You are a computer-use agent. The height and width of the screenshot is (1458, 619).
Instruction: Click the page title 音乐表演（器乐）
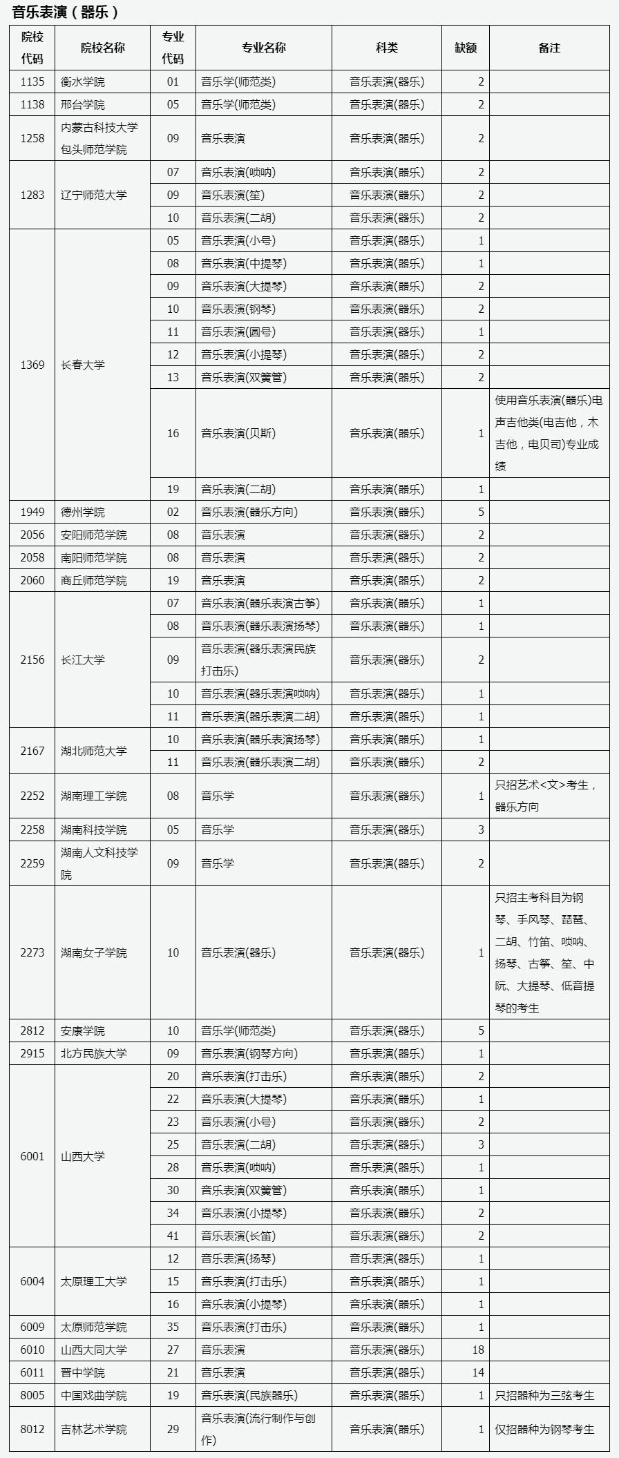[66, 12]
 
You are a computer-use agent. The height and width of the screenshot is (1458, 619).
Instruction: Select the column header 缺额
[466, 48]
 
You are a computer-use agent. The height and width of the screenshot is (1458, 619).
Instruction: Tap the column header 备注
[549, 48]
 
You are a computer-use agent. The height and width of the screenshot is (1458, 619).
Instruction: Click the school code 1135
[32, 81]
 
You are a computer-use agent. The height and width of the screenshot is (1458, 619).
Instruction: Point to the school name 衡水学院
[83, 81]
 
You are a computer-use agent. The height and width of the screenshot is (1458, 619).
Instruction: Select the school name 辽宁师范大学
[94, 195]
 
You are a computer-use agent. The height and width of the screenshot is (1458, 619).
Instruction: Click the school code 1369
[32, 365]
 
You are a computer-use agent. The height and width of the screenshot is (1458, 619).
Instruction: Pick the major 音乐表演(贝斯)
[238, 433]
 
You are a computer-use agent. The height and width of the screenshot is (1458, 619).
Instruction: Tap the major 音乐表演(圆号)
[238, 332]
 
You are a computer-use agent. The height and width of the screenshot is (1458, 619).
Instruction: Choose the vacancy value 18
[478, 1350]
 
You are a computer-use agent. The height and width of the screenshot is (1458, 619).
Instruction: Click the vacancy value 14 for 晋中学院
[478, 1372]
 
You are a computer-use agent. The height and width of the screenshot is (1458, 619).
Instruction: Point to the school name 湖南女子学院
[94, 952]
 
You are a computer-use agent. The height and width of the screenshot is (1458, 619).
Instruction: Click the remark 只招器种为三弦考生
[544, 1395]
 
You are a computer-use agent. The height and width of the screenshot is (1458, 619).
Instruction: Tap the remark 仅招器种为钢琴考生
[544, 1429]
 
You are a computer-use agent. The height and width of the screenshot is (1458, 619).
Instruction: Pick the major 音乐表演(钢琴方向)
[249, 1053]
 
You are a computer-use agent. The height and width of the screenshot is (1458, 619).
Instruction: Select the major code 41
[173, 1236]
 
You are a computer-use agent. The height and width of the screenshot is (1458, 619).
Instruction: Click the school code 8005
[32, 1395]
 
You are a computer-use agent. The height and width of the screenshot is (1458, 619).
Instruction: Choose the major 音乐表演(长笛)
[238, 1236]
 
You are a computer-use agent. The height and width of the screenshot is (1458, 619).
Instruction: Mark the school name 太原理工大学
[94, 1281]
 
